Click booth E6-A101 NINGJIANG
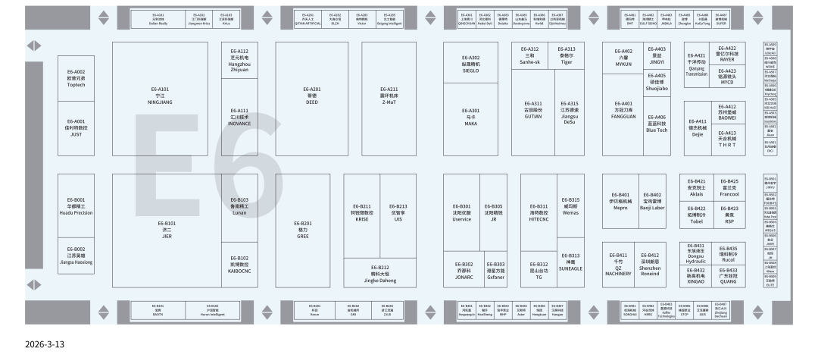[x=160, y=95]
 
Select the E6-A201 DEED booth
[x=312, y=95]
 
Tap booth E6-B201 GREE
[x=303, y=229]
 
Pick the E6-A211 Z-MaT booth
[x=389, y=95]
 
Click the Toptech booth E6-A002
[x=76, y=78]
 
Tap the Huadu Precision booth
[x=76, y=206]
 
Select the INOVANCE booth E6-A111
[x=239, y=117]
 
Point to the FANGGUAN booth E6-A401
[x=623, y=108]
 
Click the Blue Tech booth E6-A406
[x=657, y=124]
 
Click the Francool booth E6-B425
[x=729, y=187]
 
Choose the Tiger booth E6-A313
[x=566, y=56]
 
